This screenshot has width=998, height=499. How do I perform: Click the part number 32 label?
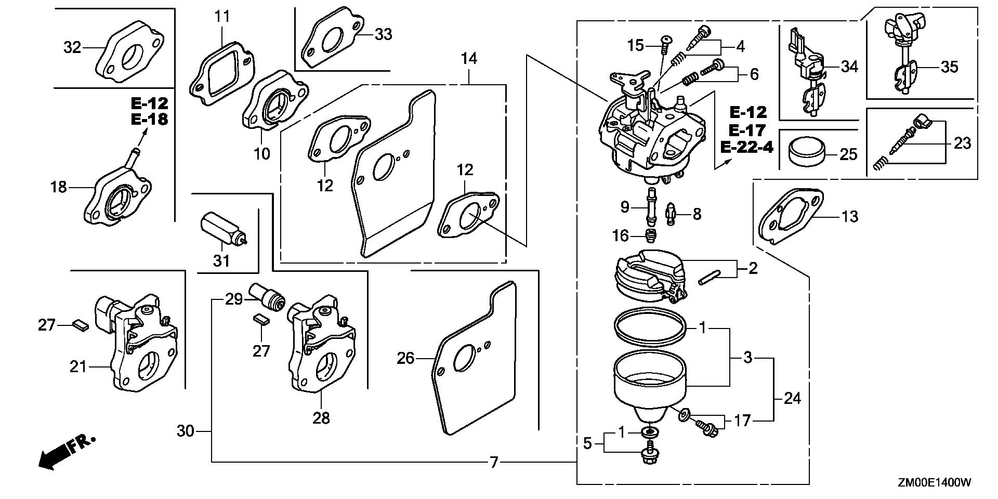tap(72, 47)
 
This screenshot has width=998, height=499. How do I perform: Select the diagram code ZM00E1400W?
tap(934, 483)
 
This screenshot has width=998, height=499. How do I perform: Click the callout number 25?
tap(848, 154)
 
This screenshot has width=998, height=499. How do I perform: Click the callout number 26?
tap(405, 358)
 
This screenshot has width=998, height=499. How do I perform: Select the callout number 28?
tap(321, 417)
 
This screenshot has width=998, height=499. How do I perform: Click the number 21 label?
tap(78, 367)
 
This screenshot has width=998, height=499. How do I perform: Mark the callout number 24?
tap(792, 399)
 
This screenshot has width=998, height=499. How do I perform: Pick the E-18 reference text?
tap(149, 119)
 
